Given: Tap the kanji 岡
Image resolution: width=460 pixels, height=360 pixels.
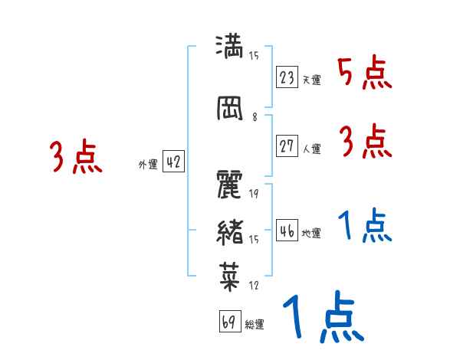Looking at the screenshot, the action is [x=231, y=108].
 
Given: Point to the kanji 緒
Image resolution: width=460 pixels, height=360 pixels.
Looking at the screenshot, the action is [x=231, y=230].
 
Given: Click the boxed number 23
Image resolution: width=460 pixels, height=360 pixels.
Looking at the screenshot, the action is [x=287, y=77].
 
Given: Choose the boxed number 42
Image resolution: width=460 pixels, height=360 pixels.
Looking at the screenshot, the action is [x=173, y=162].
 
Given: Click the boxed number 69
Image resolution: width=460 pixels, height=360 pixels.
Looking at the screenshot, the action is [x=229, y=322].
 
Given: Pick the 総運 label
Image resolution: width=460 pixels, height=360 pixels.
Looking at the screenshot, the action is [x=254, y=325].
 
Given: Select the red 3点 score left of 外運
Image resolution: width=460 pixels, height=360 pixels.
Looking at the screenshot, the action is [x=77, y=156].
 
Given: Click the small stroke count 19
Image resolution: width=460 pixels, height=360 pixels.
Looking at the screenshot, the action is [x=254, y=193].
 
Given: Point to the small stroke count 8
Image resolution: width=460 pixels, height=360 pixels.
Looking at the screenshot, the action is [x=254, y=117].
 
